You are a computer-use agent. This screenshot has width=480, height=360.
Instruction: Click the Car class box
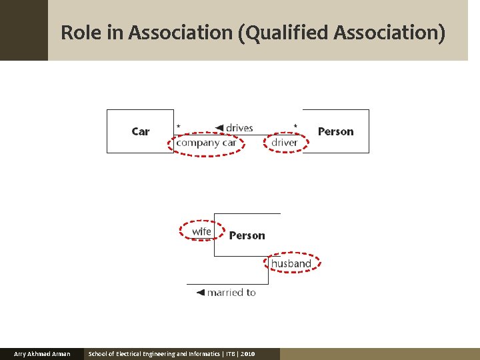pos(140,131)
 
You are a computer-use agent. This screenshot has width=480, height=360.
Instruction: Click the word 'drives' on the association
pos(239,128)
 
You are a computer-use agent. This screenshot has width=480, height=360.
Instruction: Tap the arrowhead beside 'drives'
pos(219,128)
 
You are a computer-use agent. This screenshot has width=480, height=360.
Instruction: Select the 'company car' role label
pos(207,143)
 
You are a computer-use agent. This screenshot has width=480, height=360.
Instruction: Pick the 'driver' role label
pos(285,143)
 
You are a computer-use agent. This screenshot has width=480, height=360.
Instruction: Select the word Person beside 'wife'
pos(247,235)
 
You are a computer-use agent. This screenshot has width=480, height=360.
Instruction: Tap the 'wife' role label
pos(201,231)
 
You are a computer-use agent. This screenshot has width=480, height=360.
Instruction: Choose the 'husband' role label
pos(291,264)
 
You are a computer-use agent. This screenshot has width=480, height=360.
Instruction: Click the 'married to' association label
pos(231,293)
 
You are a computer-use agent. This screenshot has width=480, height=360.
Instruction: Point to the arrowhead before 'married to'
pos(200,293)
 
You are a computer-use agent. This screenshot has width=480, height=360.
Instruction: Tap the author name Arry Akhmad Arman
pos(42,354)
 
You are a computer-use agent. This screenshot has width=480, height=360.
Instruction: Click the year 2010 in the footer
pos(247,354)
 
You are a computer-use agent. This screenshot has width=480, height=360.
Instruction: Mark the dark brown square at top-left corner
pos(23,30)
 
